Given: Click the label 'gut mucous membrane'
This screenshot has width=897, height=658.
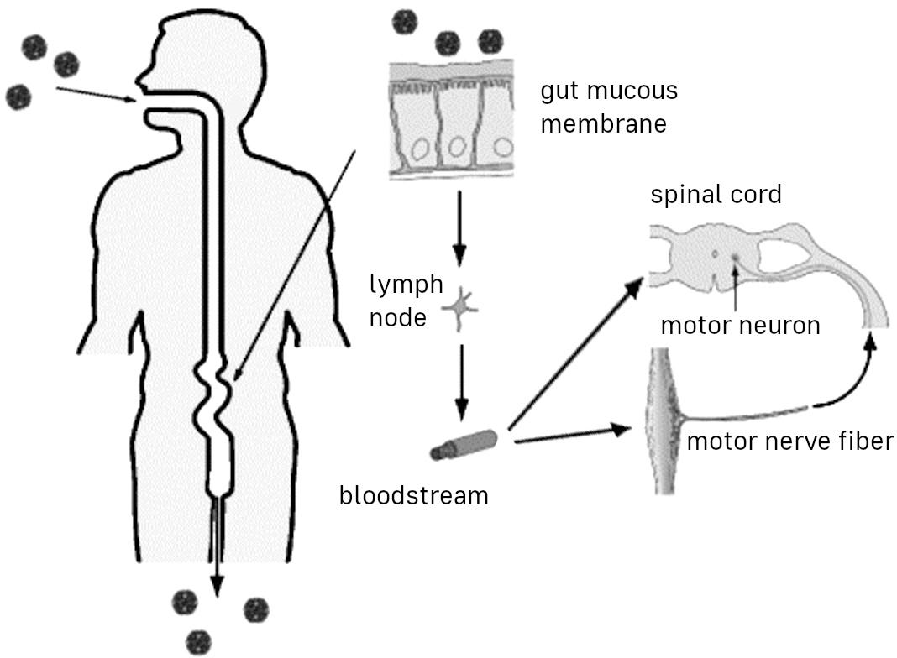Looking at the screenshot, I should [x=608, y=107].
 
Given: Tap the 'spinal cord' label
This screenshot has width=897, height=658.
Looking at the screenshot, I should [x=716, y=195].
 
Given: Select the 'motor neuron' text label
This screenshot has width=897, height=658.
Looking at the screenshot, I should [x=740, y=325].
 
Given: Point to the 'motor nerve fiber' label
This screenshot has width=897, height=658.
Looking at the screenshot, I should [x=789, y=440].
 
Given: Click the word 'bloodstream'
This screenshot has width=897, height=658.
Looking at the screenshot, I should [x=413, y=495].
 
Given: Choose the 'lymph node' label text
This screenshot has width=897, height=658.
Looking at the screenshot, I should [x=406, y=300].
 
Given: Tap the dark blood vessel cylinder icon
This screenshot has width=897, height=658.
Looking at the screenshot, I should [x=463, y=444].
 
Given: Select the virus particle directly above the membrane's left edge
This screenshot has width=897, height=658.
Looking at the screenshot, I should [x=405, y=20].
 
